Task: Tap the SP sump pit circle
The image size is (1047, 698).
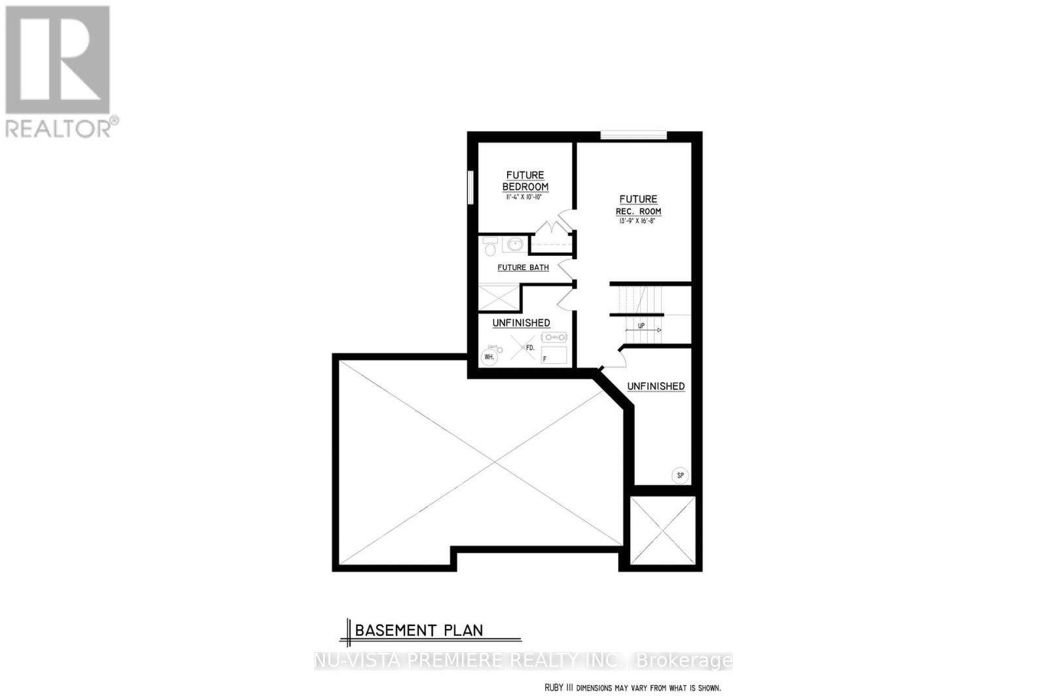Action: point(680,475)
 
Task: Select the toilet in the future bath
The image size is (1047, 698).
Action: point(489,247)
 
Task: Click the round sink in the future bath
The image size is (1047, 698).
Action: point(515,245)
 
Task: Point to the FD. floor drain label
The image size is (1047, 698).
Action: point(530,348)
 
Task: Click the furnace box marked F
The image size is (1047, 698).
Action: point(554,355)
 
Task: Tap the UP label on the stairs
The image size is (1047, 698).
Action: point(641,325)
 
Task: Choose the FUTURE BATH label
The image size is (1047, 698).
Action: point(523,268)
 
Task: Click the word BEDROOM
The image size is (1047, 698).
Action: point(525,186)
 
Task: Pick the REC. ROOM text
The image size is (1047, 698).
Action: point(639,211)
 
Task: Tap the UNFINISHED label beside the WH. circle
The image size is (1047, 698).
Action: point(521,323)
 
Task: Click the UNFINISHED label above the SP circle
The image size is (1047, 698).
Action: point(656,386)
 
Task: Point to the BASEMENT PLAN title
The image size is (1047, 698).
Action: point(419,630)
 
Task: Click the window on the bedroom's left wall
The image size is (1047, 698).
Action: point(470,188)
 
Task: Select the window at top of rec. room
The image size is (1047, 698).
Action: point(633,135)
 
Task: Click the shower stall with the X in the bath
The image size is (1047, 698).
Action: point(498,297)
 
